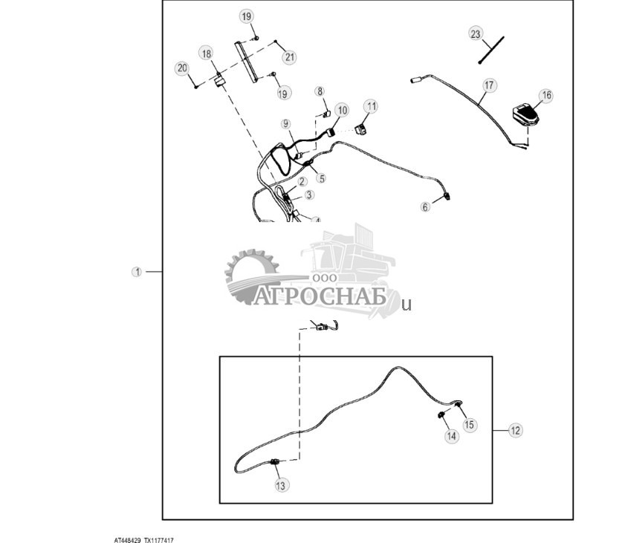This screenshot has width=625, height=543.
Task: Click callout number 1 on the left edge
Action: [x=137, y=272]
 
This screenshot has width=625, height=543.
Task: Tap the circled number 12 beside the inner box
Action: [x=516, y=430]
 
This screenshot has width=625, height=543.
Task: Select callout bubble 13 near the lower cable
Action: [x=280, y=485]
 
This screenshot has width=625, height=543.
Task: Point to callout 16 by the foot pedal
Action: [x=546, y=95]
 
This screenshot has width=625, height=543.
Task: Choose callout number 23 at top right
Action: [x=476, y=33]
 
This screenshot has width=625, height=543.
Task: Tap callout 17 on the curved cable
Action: [x=488, y=85]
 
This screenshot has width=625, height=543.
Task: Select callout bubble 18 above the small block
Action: [x=206, y=53]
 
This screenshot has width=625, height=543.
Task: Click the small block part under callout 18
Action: [x=220, y=81]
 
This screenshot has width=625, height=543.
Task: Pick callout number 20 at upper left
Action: [x=182, y=68]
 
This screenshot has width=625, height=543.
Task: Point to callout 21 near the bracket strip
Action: [x=289, y=57]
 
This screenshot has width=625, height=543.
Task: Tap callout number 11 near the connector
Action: [x=371, y=106]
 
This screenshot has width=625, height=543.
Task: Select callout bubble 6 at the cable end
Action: [x=426, y=207]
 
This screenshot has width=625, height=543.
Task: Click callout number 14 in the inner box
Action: [x=452, y=437]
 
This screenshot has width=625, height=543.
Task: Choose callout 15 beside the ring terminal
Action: [x=470, y=425]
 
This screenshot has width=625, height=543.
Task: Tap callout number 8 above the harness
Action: [x=320, y=91]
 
